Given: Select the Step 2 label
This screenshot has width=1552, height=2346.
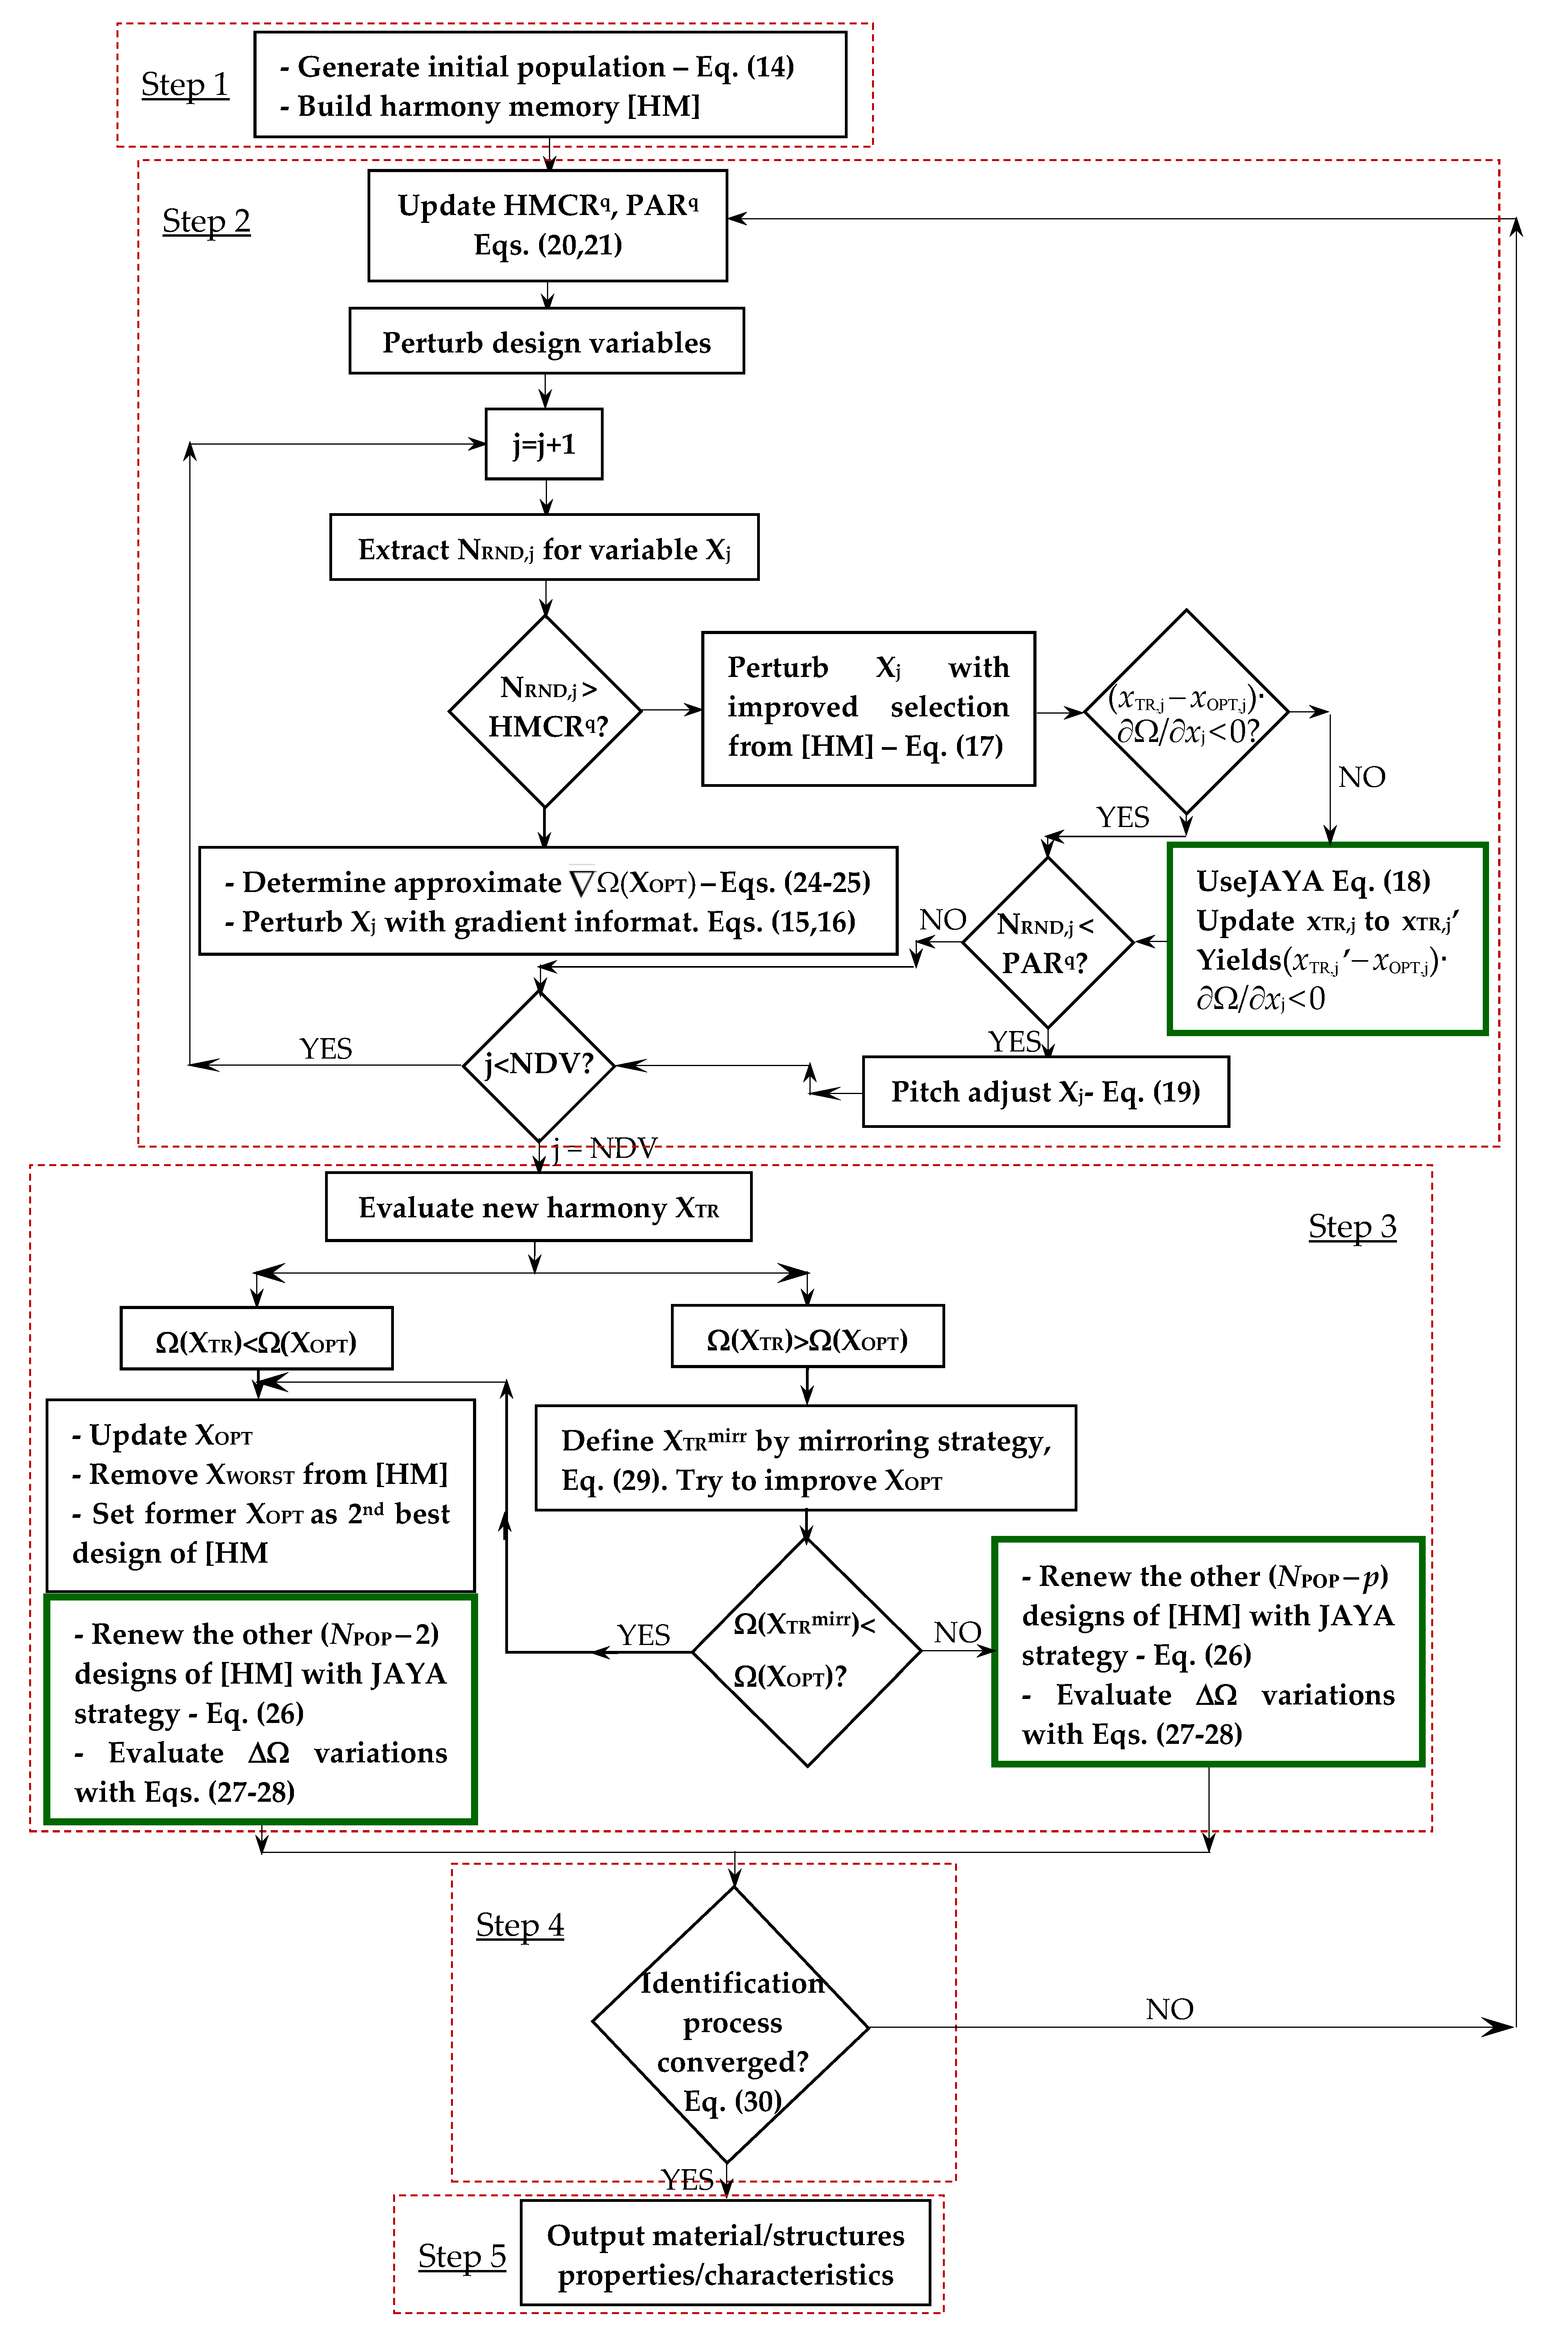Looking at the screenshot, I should pyautogui.click(x=206, y=221).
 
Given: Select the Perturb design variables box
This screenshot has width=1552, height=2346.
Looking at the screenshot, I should pyautogui.click(x=546, y=342).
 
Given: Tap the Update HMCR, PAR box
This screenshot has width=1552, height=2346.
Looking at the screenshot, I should pyautogui.click(x=547, y=226).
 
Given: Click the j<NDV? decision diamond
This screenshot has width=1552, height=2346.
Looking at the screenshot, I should pyautogui.click(x=538, y=1065).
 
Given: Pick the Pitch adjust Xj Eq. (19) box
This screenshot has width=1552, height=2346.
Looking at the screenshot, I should pyautogui.click(x=1045, y=1091).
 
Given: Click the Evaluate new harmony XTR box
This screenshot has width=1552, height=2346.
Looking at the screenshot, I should pyautogui.click(x=538, y=1207).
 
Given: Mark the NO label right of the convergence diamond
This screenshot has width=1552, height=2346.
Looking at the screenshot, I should pyautogui.click(x=1169, y=2008).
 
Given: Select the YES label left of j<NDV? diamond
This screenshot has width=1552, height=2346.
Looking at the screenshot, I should pyautogui.click(x=326, y=1049).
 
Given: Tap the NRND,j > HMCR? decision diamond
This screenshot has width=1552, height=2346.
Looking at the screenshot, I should pyautogui.click(x=545, y=710).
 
